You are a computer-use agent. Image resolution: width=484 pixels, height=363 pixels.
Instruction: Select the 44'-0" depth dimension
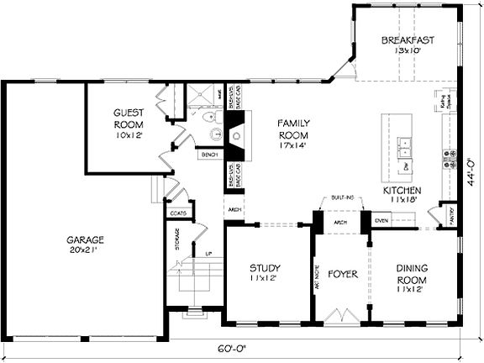[472, 169]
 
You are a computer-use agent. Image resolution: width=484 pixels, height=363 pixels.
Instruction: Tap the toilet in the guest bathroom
[214, 133]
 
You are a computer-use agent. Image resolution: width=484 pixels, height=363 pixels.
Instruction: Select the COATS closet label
[177, 213]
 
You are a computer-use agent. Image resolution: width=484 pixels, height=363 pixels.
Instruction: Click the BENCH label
[209, 155]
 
